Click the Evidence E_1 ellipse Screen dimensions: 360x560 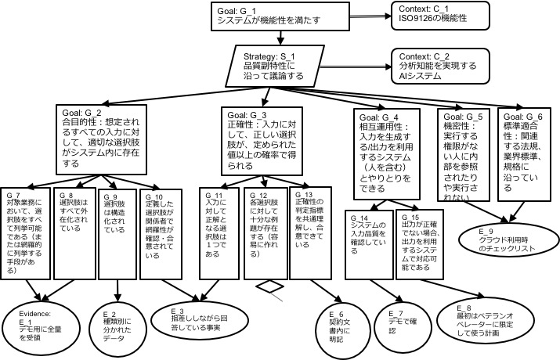45,322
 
